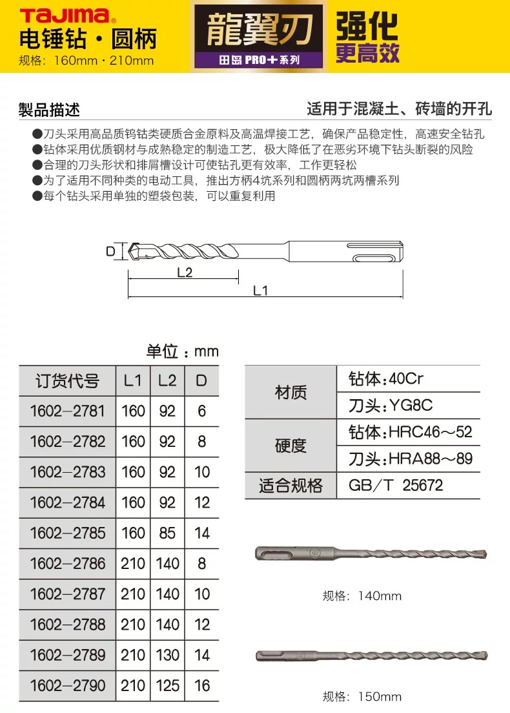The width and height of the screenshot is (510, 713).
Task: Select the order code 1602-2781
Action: (67, 411)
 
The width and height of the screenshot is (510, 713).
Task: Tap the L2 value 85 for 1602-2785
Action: (167, 533)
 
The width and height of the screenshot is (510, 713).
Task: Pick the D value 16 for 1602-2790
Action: (202, 685)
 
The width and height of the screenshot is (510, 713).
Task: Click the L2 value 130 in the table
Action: (167, 655)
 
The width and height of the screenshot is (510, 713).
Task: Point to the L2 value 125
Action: (167, 685)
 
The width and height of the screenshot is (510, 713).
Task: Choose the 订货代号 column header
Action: (67, 381)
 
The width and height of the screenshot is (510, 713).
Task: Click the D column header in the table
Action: (201, 381)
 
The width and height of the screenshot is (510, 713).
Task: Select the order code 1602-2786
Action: (67, 563)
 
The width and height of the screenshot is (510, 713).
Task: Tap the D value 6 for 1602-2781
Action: (201, 411)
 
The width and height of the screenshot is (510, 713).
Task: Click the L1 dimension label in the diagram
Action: (260, 291)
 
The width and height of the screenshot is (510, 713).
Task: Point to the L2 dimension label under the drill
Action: (185, 273)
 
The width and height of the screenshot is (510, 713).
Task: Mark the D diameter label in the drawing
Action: (110, 251)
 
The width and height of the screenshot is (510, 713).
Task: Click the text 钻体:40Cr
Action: (385, 378)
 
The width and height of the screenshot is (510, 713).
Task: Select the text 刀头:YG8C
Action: (390, 406)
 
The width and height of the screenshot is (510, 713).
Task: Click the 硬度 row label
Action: (291, 446)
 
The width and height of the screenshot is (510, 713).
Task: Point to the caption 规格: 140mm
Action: (362, 596)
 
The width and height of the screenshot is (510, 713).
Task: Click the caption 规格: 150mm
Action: (362, 697)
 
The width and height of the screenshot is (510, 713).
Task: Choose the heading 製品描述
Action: (49, 110)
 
